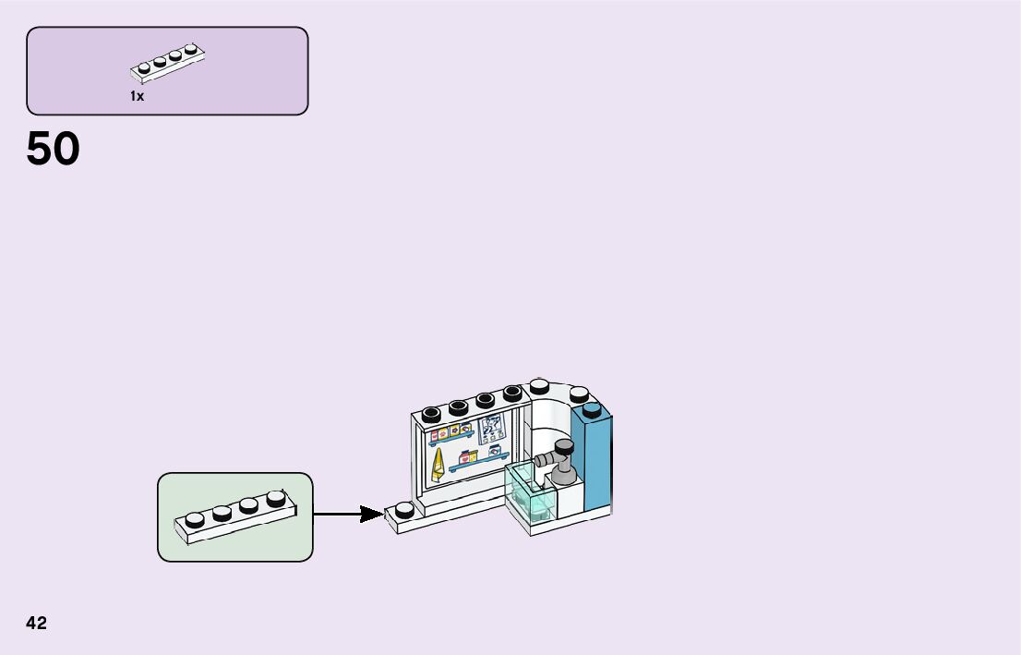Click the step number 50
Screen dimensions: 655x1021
tap(54, 149)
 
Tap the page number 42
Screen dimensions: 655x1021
tap(36, 624)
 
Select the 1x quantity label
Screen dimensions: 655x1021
tap(137, 96)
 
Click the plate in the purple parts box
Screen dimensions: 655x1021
tap(167, 60)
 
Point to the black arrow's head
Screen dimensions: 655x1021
tap(373, 514)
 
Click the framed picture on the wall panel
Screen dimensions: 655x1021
tap(491, 431)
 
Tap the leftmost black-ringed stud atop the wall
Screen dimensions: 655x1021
tap(430, 413)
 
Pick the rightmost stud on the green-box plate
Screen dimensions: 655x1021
tap(276, 499)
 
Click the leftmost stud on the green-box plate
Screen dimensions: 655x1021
tap(195, 519)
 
